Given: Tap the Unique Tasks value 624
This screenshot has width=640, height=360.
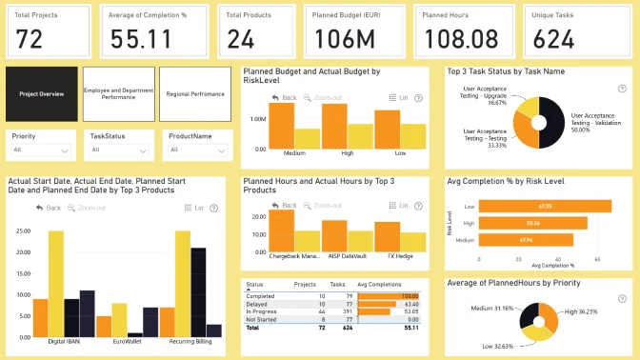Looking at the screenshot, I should pos(550,40).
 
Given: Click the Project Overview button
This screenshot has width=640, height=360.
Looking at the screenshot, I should pos(41,94).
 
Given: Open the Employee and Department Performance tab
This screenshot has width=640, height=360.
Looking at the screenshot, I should pos(118,94).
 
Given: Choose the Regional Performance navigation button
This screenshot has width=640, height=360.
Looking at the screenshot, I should pos(194,94).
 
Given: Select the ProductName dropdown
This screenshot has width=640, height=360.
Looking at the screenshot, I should pos(196,150).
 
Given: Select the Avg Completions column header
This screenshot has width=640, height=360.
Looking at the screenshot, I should pos(379,285).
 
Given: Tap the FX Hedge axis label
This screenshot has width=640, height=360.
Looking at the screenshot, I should pos(387,257).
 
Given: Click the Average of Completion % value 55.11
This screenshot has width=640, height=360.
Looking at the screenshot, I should pos(141,40).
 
